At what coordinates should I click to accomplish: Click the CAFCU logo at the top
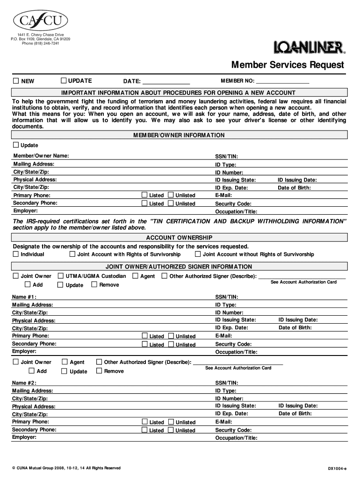pyautogui.click(x=41, y=20)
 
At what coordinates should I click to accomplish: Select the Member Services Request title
pyautogui.click(x=288, y=65)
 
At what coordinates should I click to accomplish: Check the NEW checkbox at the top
pyautogui.click(x=16, y=81)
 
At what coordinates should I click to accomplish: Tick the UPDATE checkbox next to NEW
pyautogui.click(x=64, y=80)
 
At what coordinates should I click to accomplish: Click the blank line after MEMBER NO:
pyautogui.click(x=285, y=82)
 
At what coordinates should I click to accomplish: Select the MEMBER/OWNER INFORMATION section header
pyautogui.click(x=179, y=135)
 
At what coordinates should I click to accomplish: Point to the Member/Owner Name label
pyautogui.click(x=41, y=155)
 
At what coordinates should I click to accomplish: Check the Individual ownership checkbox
pyautogui.click(x=16, y=254)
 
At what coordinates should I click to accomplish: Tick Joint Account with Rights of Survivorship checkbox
pyautogui.click(x=72, y=254)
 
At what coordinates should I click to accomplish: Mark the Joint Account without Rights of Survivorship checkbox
pyautogui.click(x=198, y=254)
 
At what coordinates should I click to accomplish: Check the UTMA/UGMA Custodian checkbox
pyautogui.click(x=60, y=276)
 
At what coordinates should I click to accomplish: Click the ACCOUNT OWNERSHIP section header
pyautogui.click(x=179, y=238)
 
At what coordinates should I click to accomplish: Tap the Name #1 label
pyautogui.click(x=24, y=297)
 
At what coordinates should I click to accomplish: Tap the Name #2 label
pyautogui.click(x=24, y=383)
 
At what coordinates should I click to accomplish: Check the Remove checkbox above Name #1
pyautogui.click(x=94, y=284)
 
